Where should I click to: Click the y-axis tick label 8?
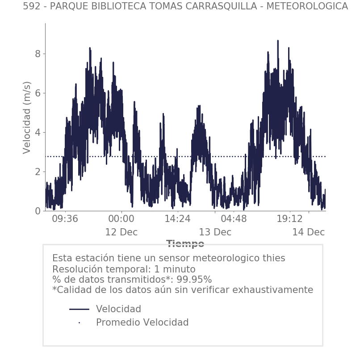click(38, 54)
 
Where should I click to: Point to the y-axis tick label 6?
click(38, 93)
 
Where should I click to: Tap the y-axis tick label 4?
click(38, 133)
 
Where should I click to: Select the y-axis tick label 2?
click(38, 172)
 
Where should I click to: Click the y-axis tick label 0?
click(38, 211)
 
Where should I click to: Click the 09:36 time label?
click(65, 219)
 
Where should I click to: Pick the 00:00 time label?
click(121, 219)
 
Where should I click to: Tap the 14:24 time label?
click(177, 219)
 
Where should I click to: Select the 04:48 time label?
click(234, 219)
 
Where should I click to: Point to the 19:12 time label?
click(290, 219)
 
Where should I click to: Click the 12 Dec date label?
click(121, 233)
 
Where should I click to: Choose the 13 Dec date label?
click(215, 233)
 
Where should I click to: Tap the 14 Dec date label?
click(308, 233)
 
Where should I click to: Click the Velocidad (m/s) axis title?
click(27, 117)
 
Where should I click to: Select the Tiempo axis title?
click(185, 244)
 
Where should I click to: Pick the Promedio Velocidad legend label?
click(142, 322)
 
